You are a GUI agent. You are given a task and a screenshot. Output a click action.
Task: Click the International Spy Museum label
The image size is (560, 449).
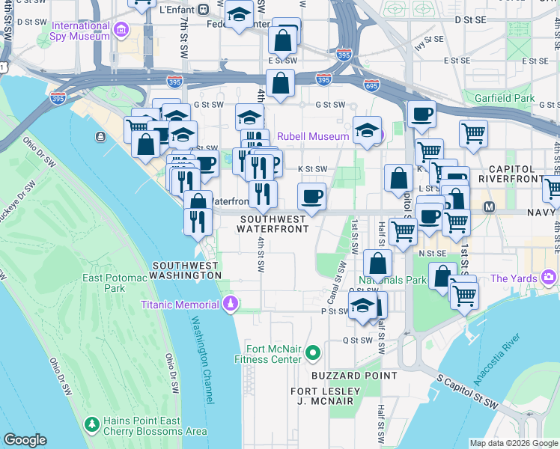point(80,31)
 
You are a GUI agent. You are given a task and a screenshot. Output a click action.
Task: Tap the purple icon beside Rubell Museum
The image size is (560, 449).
point(380,136)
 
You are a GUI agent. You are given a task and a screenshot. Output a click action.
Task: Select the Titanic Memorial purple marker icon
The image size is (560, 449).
point(231,304)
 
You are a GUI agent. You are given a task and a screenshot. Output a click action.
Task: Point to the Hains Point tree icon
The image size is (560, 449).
point(91,424)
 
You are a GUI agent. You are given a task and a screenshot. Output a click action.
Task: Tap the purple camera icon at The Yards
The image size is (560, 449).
point(550,278)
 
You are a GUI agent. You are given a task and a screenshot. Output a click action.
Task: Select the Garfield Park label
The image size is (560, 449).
point(509,98)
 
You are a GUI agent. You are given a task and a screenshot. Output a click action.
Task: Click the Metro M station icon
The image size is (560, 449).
point(490,207)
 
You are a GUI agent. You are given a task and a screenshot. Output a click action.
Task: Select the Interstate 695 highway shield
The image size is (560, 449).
point(372,86)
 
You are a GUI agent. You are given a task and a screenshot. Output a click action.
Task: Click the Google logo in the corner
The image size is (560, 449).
point(25,439)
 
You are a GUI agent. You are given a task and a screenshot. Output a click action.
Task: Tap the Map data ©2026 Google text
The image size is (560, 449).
point(514,443)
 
